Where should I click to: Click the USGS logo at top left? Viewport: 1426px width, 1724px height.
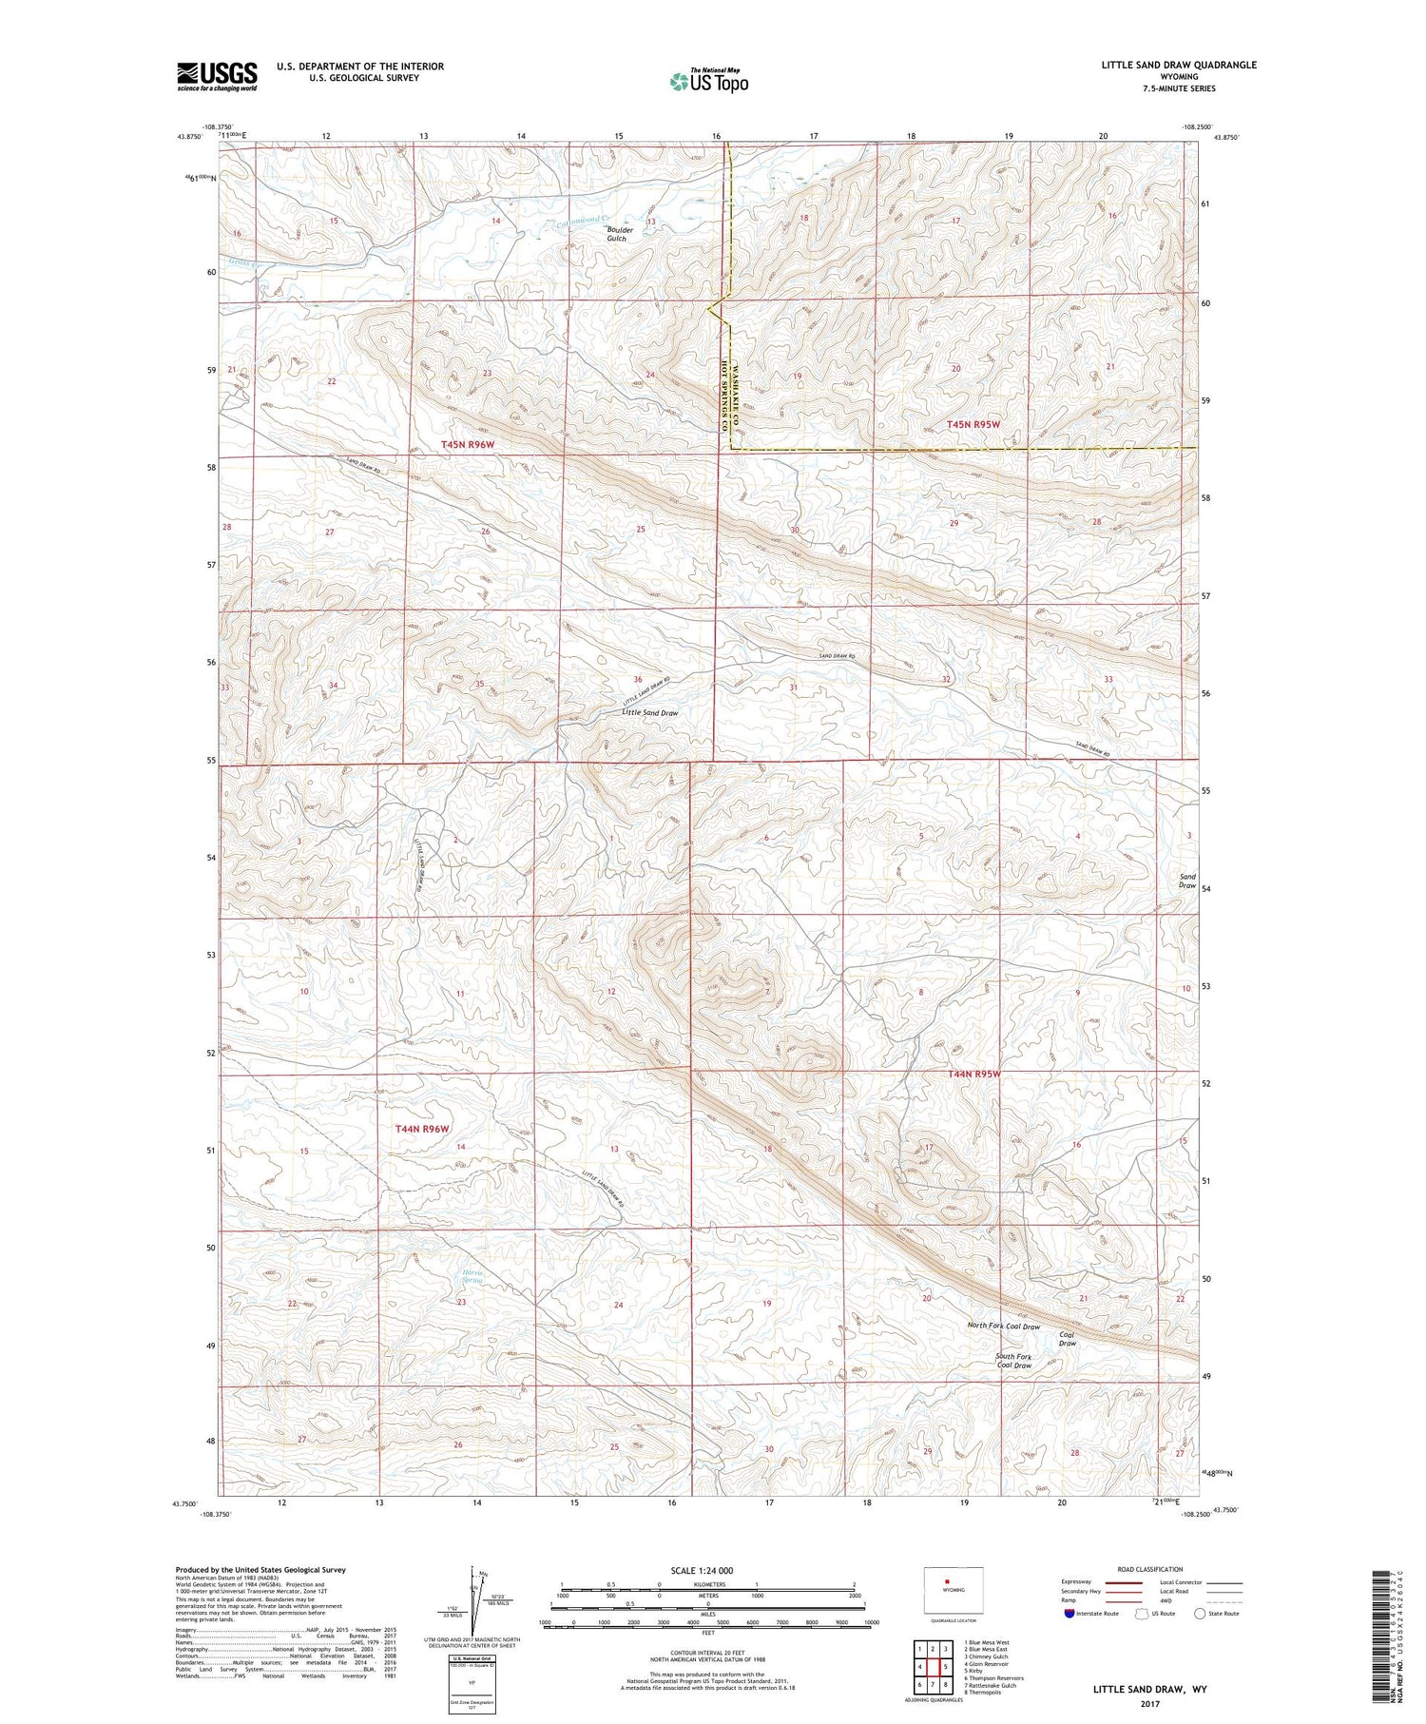(217, 76)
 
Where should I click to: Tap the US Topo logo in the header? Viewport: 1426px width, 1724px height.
(708, 82)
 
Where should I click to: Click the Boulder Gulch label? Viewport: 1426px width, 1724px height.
(617, 234)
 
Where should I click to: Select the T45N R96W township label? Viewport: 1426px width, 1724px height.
(469, 444)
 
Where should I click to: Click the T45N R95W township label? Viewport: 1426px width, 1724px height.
(973, 424)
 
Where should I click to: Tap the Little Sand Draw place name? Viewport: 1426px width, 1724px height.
(650, 712)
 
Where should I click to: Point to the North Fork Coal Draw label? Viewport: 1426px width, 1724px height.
(1003, 1327)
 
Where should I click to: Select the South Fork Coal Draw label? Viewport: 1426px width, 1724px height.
(1013, 1361)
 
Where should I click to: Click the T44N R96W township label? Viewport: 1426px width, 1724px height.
(421, 1129)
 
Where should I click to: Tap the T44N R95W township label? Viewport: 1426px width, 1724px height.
(974, 1074)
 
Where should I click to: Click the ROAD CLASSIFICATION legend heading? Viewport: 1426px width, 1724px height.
(1150, 1569)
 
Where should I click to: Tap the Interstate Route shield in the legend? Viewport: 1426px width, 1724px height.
(1069, 1613)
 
